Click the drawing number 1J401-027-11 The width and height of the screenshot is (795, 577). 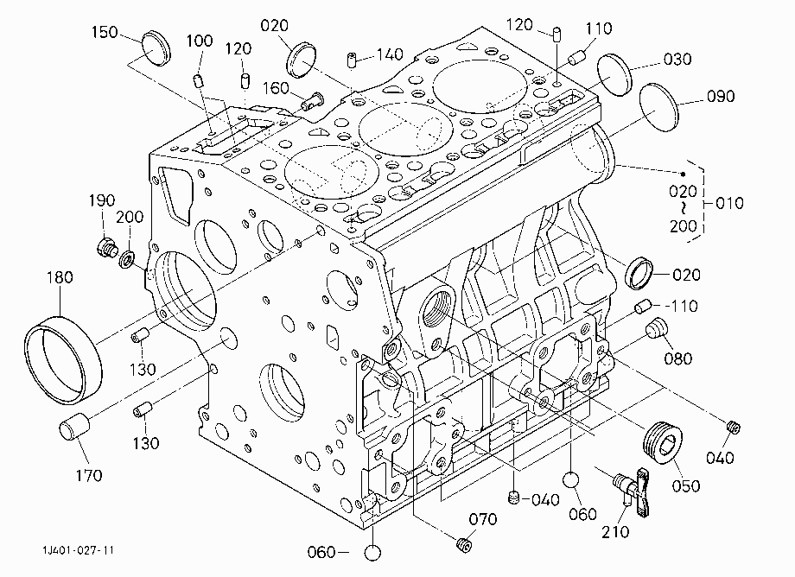coord(78,550)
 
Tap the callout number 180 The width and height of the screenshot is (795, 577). coord(60,277)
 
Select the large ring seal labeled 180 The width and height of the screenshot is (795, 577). coord(62,359)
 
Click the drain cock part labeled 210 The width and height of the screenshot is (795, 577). coord(632,491)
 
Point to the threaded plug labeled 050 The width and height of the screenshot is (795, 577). coord(663,441)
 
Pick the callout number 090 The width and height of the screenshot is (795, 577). coord(721,96)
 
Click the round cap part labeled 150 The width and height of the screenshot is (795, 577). coord(156,48)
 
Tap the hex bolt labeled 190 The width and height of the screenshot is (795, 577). coord(107,248)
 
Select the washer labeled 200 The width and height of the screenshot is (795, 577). coord(127,259)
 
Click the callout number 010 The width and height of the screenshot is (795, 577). coord(729,203)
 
